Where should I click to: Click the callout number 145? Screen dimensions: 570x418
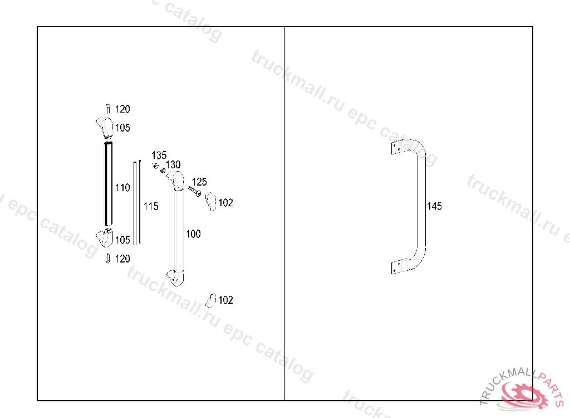coord(434,206)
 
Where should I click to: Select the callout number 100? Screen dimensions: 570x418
coord(193,234)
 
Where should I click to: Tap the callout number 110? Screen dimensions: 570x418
coord(122,187)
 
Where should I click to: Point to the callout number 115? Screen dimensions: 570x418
coord(151,206)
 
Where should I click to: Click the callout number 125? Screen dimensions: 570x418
coord(199,182)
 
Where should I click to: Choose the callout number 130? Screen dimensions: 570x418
coord(173,164)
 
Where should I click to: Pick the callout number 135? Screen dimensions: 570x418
coord(159,155)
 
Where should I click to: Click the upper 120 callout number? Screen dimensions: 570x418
coord(122,109)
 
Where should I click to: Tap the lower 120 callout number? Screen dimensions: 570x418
coord(122,259)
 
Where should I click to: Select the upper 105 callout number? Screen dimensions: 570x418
coord(122,128)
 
